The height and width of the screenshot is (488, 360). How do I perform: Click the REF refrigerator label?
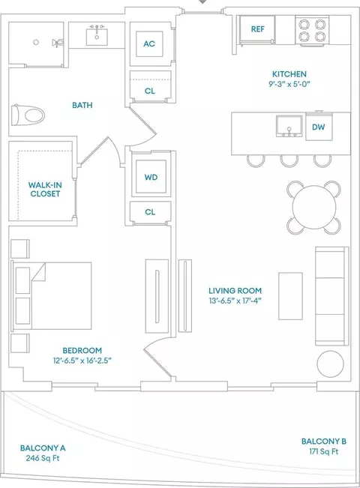click(257, 29)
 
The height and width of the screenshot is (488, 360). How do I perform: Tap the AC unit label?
click(149, 44)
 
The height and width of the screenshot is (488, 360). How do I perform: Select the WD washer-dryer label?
click(151, 178)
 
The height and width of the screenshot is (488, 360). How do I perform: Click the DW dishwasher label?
click(318, 127)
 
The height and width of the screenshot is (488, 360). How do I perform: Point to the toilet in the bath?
click(28, 115)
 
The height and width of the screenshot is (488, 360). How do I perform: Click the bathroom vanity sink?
click(97, 37)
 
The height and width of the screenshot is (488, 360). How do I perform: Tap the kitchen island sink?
click(289, 126)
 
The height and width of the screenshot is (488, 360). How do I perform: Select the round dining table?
click(314, 207)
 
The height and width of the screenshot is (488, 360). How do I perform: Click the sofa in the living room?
click(332, 295)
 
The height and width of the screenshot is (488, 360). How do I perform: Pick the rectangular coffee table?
click(290, 296)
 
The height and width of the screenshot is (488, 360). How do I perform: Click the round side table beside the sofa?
click(331, 364)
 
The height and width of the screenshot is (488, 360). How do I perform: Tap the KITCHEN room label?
click(289, 74)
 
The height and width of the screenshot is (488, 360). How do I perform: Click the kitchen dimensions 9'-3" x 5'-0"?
click(289, 84)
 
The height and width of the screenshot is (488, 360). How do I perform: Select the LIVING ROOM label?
click(235, 291)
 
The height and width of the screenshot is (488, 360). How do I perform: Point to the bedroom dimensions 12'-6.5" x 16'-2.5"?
click(82, 361)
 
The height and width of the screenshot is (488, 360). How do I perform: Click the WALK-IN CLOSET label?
click(45, 189)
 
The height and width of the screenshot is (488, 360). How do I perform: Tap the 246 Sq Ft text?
click(43, 458)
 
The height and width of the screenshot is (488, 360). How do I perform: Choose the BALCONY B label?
click(324, 442)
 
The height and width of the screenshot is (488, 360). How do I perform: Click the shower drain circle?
click(36, 42)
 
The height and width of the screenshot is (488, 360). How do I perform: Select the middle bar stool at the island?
click(289, 161)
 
